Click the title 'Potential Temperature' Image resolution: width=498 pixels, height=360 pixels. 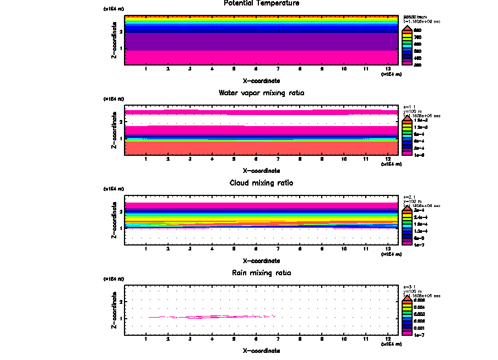[261, 3]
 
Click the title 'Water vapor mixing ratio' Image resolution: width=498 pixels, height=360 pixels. [261, 93]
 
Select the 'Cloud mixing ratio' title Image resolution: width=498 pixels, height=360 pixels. [261, 183]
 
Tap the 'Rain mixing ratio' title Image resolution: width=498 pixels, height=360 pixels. [261, 272]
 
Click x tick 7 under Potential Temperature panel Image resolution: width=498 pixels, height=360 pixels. [278, 69]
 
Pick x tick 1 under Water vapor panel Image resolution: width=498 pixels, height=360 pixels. [146, 159]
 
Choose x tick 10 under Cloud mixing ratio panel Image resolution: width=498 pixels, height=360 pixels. [344, 249]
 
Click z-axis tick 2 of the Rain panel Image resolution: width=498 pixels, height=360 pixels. [120, 302]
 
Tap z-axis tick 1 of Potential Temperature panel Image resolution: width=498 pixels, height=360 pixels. [120, 49]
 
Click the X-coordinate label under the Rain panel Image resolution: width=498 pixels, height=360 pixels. [261, 350]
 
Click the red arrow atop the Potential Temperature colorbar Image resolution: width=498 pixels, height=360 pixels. [407, 27]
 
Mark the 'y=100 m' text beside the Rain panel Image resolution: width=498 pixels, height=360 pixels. [413, 291]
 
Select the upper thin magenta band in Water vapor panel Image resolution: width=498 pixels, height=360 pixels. [261, 112]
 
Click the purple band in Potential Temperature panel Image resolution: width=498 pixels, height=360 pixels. [261, 41]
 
